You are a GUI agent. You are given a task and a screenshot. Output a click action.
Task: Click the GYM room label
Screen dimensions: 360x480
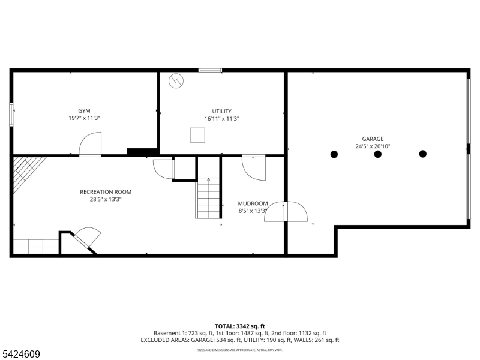coord(85,111)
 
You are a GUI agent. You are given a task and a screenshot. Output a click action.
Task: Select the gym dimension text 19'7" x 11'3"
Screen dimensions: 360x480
coord(85,119)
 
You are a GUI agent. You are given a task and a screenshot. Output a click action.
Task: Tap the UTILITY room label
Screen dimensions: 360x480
coord(221,111)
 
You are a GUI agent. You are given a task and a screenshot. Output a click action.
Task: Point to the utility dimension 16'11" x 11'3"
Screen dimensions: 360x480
coord(221,119)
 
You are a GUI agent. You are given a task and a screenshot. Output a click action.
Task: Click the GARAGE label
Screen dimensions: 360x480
coord(373,139)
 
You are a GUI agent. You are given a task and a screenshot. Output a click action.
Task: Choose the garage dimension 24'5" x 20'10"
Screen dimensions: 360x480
coord(373,146)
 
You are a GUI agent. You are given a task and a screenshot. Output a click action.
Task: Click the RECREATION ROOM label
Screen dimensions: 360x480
coord(106,192)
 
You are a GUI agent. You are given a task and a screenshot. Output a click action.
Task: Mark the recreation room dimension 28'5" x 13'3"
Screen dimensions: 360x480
coord(106,200)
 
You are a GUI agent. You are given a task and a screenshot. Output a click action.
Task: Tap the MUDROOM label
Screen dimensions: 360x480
coord(253,203)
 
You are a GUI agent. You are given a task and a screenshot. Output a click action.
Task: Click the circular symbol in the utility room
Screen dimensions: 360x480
coord(176,81)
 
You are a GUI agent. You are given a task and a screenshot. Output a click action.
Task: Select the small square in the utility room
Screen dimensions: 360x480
coord(197,135)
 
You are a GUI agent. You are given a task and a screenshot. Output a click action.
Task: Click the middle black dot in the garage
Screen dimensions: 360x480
coord(378,154)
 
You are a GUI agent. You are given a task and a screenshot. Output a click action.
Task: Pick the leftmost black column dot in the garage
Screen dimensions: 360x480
coord(334,154)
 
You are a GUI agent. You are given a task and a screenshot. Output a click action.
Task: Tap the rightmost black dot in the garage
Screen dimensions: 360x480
coord(422,154)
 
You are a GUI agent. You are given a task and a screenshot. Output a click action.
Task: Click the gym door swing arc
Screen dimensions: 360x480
coord(91,144)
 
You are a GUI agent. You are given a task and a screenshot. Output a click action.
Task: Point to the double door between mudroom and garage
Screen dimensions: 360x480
coord(286,212)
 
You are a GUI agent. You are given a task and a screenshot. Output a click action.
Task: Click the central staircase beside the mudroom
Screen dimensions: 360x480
coord(208,198)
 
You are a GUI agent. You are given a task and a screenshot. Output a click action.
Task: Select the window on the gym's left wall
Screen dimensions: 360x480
coord(11,115)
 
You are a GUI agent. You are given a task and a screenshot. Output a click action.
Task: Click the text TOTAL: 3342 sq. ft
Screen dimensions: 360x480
coord(240,326)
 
